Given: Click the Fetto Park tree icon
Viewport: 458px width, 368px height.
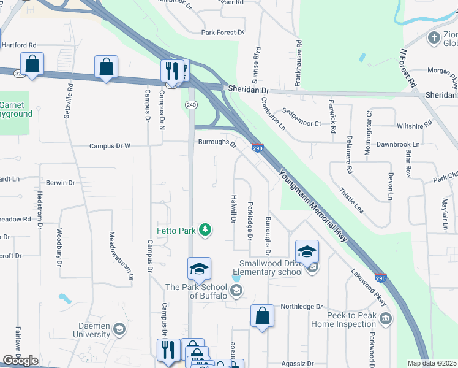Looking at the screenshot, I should tap(206, 229).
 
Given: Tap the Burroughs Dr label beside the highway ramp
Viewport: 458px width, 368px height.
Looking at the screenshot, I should tap(217, 144).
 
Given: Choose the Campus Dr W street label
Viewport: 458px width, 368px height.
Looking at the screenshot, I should tap(110, 146).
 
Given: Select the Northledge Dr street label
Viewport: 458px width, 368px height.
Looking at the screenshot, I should tap(301, 306).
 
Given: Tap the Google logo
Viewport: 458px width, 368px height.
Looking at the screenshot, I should tap(20, 361).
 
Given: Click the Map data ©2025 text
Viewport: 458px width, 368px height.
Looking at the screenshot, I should tap(432, 363).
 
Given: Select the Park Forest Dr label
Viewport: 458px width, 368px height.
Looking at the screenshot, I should tap(223, 33).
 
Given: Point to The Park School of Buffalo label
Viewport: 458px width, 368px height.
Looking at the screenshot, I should tap(196, 291).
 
